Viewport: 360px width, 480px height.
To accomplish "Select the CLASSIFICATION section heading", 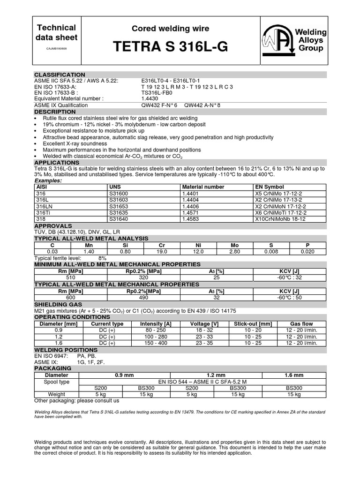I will coord(60,75).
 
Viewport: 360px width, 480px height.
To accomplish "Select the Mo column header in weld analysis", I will coord(235,245).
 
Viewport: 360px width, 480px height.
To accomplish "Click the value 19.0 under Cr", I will coord(162,252).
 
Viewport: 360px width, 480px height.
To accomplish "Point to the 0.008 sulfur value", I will coord(271,252).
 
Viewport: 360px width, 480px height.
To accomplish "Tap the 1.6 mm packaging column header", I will coord(294,375).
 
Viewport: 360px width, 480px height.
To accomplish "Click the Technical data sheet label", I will coord(56,33).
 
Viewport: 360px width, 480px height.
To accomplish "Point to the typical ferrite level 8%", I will coord(102,258).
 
